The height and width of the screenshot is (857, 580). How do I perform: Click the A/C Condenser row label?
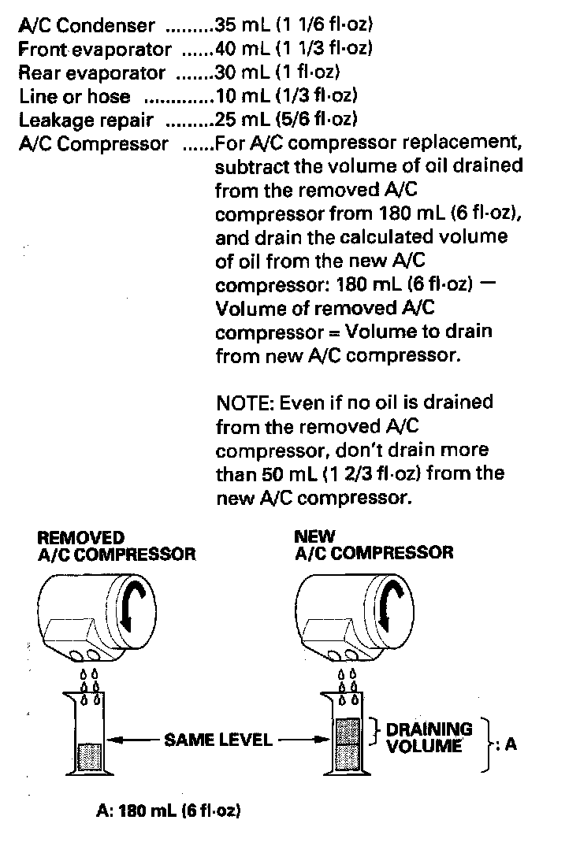pyautogui.click(x=87, y=25)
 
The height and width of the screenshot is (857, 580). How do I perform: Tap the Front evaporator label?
pyautogui.click(x=95, y=50)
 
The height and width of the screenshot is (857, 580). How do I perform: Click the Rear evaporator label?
pyautogui.click(x=91, y=73)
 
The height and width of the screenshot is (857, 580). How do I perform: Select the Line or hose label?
pyautogui.click(x=75, y=97)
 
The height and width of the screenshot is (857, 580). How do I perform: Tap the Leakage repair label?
pyautogui.click(x=86, y=121)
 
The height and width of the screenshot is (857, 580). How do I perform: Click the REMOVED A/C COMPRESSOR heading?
pyautogui.click(x=116, y=545)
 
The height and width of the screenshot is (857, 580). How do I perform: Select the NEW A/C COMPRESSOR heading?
pyautogui.click(x=374, y=545)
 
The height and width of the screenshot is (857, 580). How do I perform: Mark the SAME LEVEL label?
pyautogui.click(x=217, y=740)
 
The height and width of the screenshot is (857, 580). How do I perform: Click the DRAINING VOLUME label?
pyautogui.click(x=429, y=737)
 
